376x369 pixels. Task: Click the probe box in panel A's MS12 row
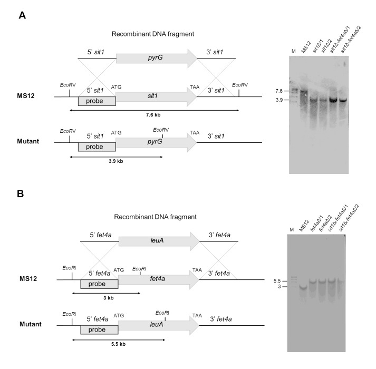[x=97, y=100]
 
